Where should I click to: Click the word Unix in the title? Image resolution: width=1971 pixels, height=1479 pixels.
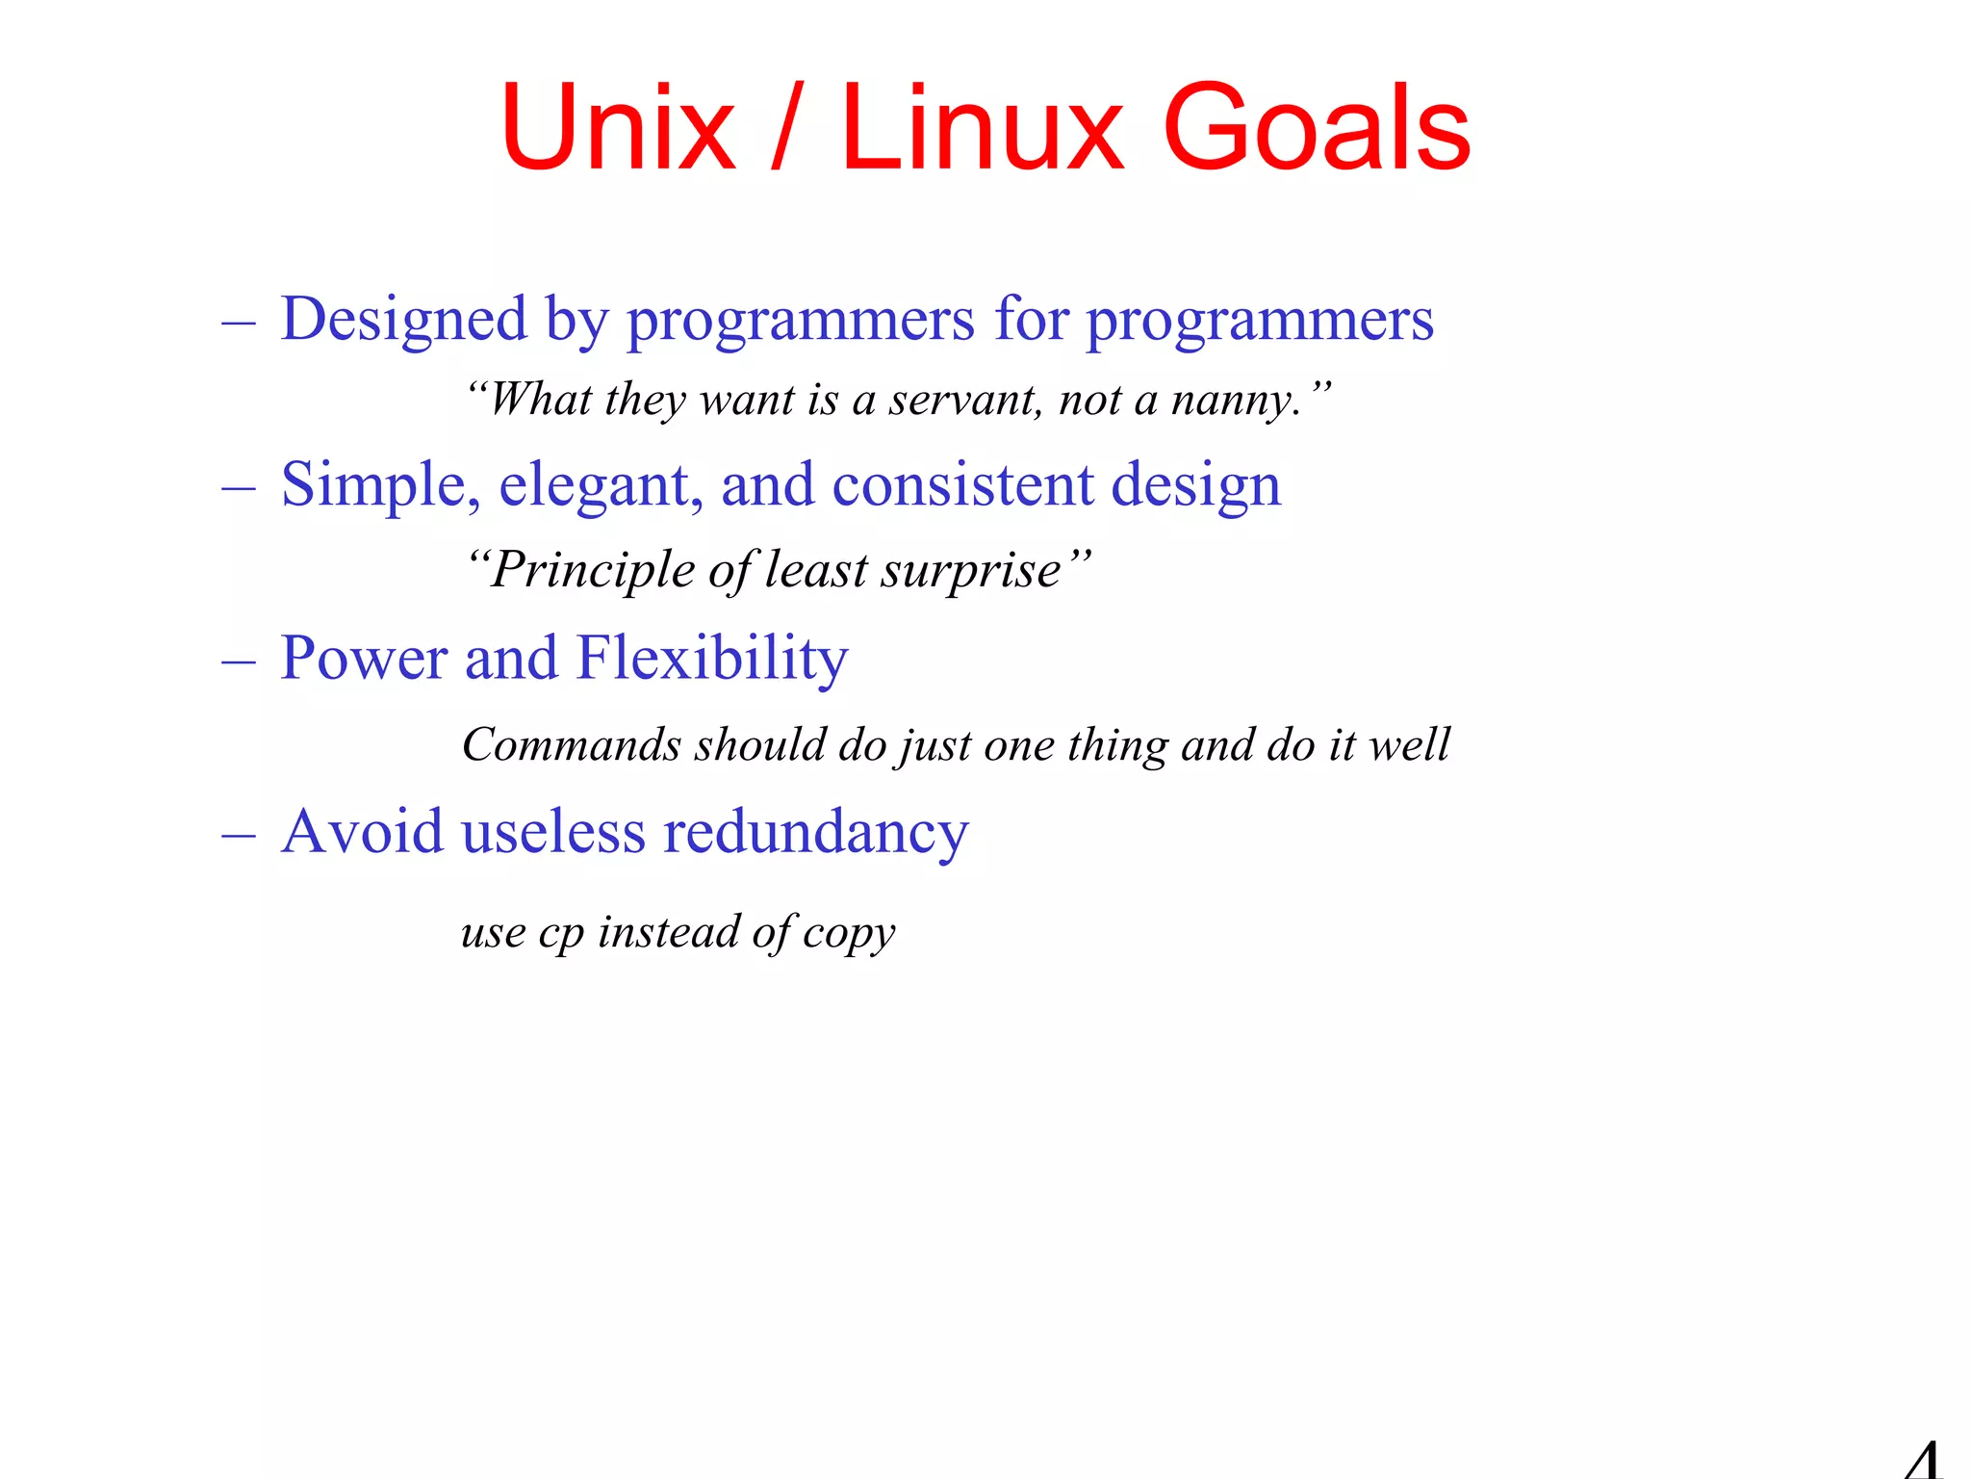(x=617, y=128)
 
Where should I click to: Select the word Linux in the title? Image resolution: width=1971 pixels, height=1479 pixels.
(x=982, y=128)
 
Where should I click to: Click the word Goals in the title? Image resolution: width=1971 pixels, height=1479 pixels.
(x=1316, y=128)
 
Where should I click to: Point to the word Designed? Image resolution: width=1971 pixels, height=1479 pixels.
(x=404, y=320)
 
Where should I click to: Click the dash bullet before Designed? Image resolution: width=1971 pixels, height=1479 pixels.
(x=238, y=323)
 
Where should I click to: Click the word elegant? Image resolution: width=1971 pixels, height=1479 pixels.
(x=601, y=485)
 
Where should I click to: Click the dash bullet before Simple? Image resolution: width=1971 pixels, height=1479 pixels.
(x=238, y=488)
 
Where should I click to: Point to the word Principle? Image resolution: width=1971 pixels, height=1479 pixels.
(x=593, y=570)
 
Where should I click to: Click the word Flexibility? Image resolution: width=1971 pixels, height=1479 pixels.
(x=712, y=659)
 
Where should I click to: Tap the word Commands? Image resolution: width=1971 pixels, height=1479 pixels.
(x=572, y=744)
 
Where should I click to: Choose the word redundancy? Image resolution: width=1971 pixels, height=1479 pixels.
(x=816, y=832)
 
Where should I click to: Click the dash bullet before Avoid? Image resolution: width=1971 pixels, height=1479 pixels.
(x=238, y=835)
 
